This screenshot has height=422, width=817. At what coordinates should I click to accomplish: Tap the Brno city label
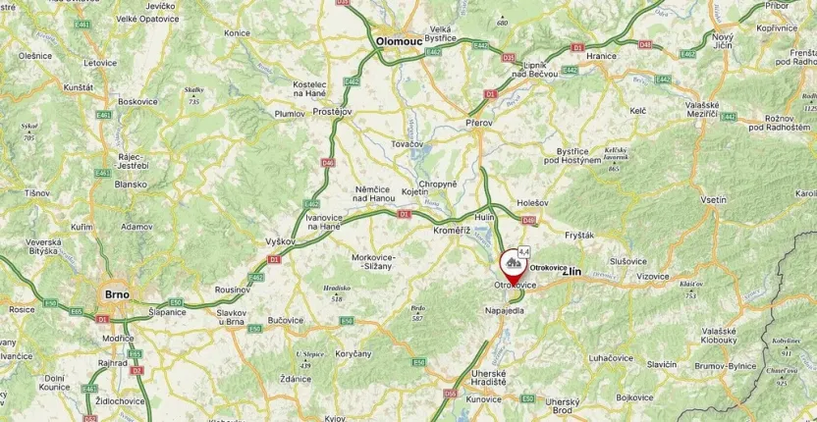(x=116, y=293)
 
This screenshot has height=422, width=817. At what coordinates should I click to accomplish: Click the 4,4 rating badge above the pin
(x=524, y=251)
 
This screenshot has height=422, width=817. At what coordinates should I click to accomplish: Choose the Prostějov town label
(x=332, y=112)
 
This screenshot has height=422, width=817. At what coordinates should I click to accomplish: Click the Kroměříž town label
(x=453, y=230)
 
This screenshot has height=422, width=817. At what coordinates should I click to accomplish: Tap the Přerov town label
(x=480, y=123)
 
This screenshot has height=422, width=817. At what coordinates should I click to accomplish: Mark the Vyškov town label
(x=281, y=240)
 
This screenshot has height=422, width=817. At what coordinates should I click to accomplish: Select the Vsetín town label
(x=714, y=199)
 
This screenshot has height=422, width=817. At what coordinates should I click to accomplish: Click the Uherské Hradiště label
(x=488, y=378)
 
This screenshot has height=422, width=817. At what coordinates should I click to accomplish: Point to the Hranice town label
(x=601, y=56)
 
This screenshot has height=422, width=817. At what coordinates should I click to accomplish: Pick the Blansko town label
(x=131, y=184)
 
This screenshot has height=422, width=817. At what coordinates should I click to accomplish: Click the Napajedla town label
(x=505, y=310)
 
